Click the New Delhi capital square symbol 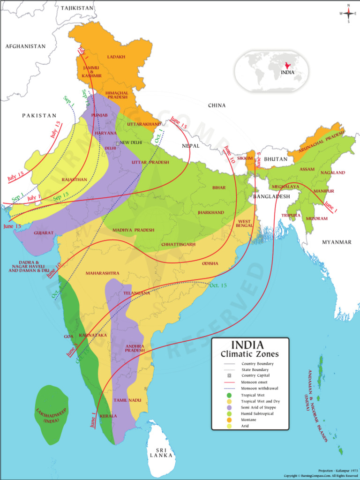point(118,142)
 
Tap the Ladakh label point(116,57)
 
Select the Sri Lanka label point(161,452)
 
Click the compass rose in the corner point(348,14)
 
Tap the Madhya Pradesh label point(134,230)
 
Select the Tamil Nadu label point(127,400)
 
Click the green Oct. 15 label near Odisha point(217,285)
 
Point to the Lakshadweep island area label point(51,415)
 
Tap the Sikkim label point(245,158)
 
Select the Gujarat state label point(43,232)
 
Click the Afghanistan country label point(25,46)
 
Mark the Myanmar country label point(337,242)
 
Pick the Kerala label point(108,416)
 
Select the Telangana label point(136,293)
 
